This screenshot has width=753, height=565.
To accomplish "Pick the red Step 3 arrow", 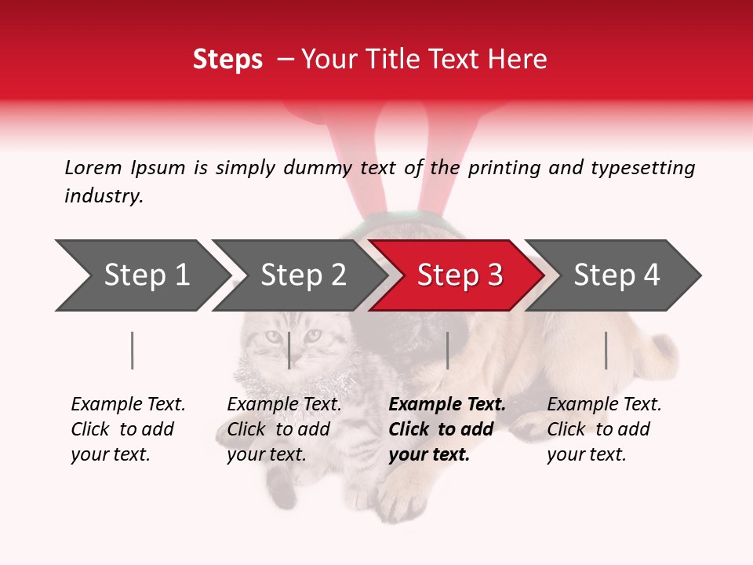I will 460,275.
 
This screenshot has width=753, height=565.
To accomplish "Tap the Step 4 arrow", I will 617,275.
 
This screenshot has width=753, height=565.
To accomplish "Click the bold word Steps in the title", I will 227,59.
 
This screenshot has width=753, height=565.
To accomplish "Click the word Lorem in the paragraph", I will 93,167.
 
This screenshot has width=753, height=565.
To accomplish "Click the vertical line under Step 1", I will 132,350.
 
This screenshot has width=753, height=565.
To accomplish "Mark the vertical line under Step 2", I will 289,350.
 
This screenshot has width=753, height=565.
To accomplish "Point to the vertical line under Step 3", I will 447,350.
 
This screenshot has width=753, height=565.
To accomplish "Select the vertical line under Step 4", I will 606,350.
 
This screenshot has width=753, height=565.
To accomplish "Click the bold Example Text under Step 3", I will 447,405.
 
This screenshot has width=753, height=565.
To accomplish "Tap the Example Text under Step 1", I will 128,405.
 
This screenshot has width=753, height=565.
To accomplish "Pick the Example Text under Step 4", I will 604,405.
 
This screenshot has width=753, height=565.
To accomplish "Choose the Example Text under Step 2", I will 284,405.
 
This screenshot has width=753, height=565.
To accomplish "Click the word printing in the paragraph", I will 502,167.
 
